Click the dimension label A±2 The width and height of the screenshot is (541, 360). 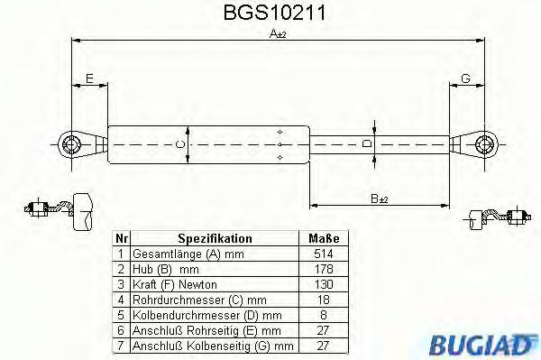click(277, 34)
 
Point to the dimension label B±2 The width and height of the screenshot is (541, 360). click(379, 198)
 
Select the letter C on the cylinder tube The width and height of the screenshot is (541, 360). click(179, 144)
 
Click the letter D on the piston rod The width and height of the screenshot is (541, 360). click(365, 143)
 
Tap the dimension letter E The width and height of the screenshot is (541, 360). click(88, 79)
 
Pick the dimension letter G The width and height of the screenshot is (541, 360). click(465, 79)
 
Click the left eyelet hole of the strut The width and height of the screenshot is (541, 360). click(70, 143)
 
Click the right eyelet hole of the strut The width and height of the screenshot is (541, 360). click(487, 143)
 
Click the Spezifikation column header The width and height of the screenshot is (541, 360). click(215, 239)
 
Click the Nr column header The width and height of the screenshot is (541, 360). click(121, 239)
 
